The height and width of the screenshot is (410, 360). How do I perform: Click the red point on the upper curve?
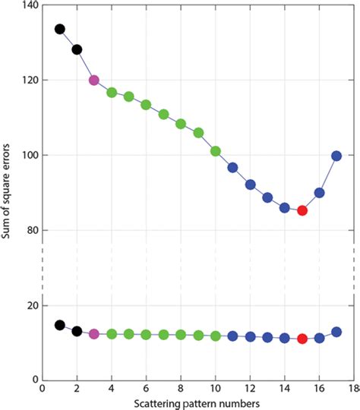(x=302, y=210)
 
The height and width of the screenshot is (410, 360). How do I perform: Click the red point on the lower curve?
(x=302, y=339)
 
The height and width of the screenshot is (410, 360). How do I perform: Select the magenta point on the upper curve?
(x=94, y=80)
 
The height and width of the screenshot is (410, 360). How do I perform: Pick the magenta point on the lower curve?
(x=94, y=333)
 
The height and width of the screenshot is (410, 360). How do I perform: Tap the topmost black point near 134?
(x=60, y=29)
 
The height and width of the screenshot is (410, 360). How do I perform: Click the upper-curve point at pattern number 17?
(x=336, y=156)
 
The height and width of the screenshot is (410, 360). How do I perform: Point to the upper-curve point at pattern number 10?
(x=216, y=151)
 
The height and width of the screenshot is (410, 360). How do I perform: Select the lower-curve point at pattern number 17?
(x=336, y=332)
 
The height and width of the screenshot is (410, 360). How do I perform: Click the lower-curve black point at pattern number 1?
(x=60, y=325)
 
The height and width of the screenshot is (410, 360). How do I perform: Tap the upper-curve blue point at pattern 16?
(x=320, y=193)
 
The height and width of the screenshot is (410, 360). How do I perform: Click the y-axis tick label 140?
(x=27, y=5)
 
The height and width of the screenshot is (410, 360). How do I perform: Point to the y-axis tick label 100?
(x=27, y=155)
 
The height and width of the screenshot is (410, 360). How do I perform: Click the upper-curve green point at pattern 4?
(x=112, y=93)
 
